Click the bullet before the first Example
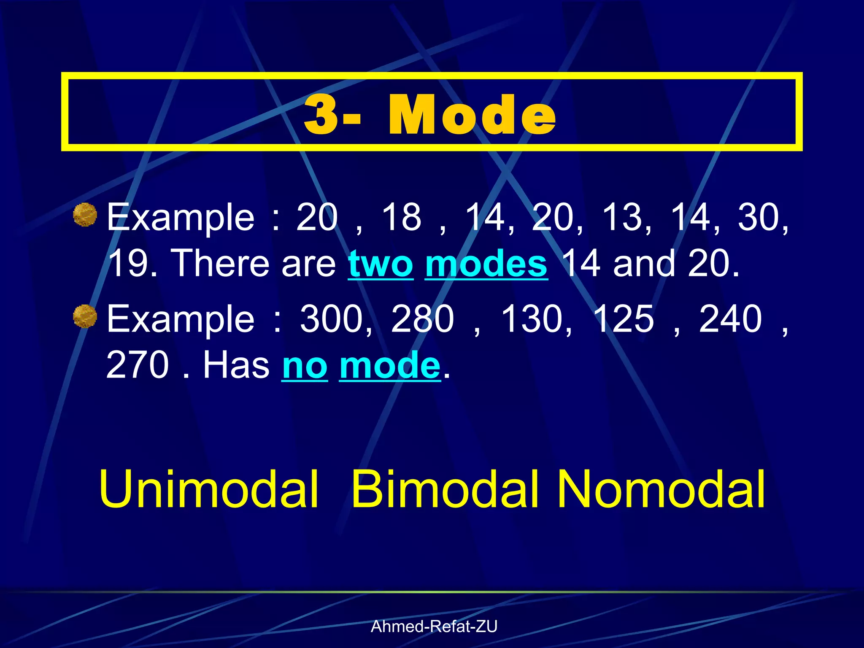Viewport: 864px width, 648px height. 85,215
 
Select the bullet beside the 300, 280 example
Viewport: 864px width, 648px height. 85,316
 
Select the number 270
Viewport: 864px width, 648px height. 138,365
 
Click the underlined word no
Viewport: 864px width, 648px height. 305,365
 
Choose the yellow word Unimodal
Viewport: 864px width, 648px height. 208,489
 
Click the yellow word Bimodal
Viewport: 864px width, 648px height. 445,489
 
